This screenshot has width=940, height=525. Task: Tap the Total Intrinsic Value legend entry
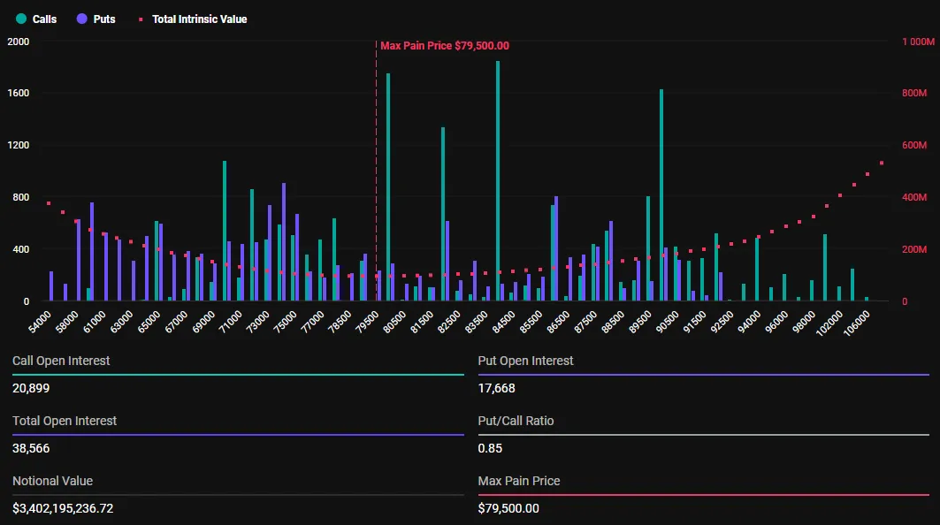(193, 19)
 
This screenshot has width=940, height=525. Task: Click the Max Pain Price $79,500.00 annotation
(444, 46)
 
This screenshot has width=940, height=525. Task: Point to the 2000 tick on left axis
(18, 42)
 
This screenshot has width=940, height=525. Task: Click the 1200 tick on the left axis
(18, 145)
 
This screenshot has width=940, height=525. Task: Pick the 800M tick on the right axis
(913, 94)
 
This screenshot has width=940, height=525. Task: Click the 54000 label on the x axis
(41, 321)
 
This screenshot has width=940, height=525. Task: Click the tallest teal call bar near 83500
(498, 177)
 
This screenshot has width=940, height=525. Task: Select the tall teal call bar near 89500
(661, 194)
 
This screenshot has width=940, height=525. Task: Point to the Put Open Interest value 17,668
(496, 388)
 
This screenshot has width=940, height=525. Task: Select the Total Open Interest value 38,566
(31, 448)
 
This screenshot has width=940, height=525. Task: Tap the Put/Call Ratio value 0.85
(490, 448)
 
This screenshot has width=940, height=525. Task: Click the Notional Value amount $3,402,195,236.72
(63, 508)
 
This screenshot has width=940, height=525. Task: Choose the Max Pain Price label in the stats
(518, 481)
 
